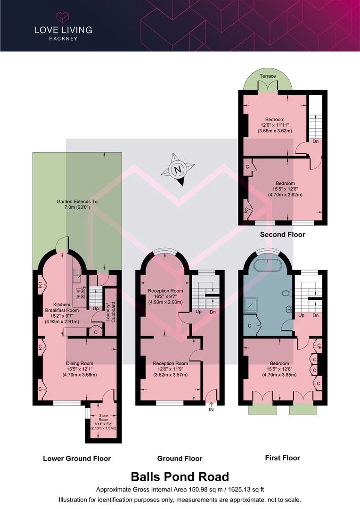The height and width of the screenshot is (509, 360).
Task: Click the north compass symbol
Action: point(178,169)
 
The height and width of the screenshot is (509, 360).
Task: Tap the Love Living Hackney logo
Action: point(63,26)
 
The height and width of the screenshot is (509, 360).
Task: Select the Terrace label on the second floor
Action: point(268,76)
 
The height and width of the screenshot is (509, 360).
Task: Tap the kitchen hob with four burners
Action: point(80,294)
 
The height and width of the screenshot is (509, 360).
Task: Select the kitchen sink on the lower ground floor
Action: point(77,276)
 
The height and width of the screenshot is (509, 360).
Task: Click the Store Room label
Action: point(104,418)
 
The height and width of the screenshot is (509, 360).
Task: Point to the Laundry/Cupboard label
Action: point(111,312)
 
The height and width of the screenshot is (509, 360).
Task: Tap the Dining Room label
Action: point(80,363)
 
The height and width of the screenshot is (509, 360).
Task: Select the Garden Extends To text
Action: point(77,202)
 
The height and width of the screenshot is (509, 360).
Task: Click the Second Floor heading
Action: point(282,234)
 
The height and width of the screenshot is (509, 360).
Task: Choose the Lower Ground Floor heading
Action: point(77,459)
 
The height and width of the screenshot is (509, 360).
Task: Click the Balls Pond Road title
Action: point(180,476)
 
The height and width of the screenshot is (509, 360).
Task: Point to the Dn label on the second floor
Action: point(316,141)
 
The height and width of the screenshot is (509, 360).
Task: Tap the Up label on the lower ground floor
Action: point(96,308)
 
